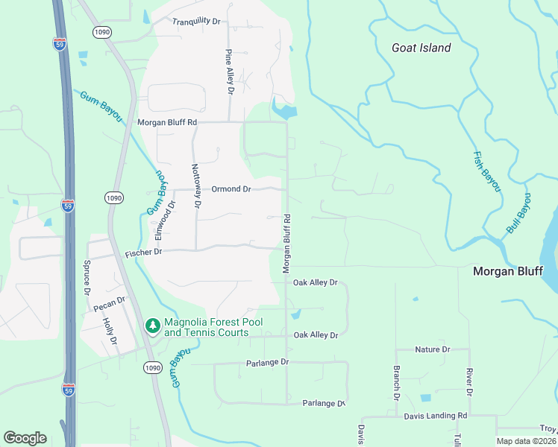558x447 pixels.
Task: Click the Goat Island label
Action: click(421, 48)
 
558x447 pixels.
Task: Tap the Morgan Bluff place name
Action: click(508, 271)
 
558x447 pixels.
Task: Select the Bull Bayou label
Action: click(519, 214)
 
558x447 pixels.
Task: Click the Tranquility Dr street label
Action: click(196, 22)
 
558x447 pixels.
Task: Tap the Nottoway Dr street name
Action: click(196, 186)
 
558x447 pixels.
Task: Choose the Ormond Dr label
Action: click(231, 189)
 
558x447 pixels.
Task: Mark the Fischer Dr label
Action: click(143, 253)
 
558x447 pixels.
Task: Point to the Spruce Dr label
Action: click(87, 276)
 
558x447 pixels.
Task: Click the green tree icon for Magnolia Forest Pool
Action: click(153, 326)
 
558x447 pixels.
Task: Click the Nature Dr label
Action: click(433, 349)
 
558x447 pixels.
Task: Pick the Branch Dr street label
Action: click(396, 384)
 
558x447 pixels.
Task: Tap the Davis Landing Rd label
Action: click(436, 416)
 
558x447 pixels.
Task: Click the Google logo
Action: click(25, 438)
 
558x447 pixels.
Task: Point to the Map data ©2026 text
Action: click(526, 441)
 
